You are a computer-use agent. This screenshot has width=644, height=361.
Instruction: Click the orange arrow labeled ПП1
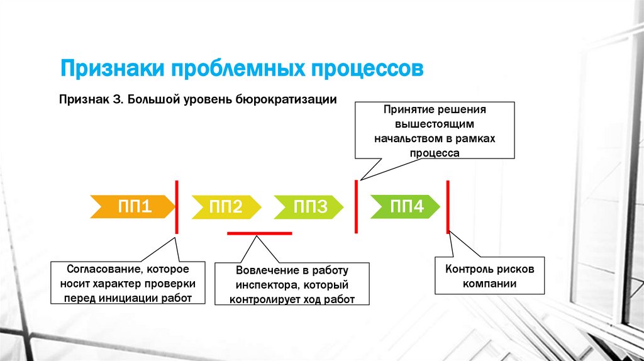coord(133,206)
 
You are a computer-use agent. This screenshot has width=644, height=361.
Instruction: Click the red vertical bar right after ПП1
coord(177,207)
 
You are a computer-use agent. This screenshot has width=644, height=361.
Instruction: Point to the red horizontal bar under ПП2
coord(259,233)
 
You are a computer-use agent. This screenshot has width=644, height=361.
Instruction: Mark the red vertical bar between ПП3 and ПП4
coord(357,206)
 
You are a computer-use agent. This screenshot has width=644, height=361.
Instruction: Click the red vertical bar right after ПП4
coord(448,206)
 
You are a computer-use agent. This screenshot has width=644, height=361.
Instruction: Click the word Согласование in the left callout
coord(96,269)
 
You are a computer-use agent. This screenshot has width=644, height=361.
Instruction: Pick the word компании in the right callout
coord(490,284)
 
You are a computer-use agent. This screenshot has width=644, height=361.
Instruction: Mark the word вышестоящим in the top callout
coord(435,124)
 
